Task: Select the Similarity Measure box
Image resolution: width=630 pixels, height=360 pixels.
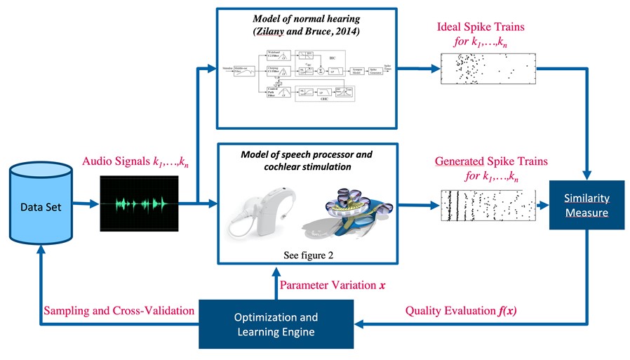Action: click(x=586, y=204)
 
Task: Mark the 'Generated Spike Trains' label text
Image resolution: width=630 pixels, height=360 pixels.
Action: click(x=490, y=161)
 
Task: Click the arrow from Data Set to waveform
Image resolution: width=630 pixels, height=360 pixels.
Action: click(x=86, y=205)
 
